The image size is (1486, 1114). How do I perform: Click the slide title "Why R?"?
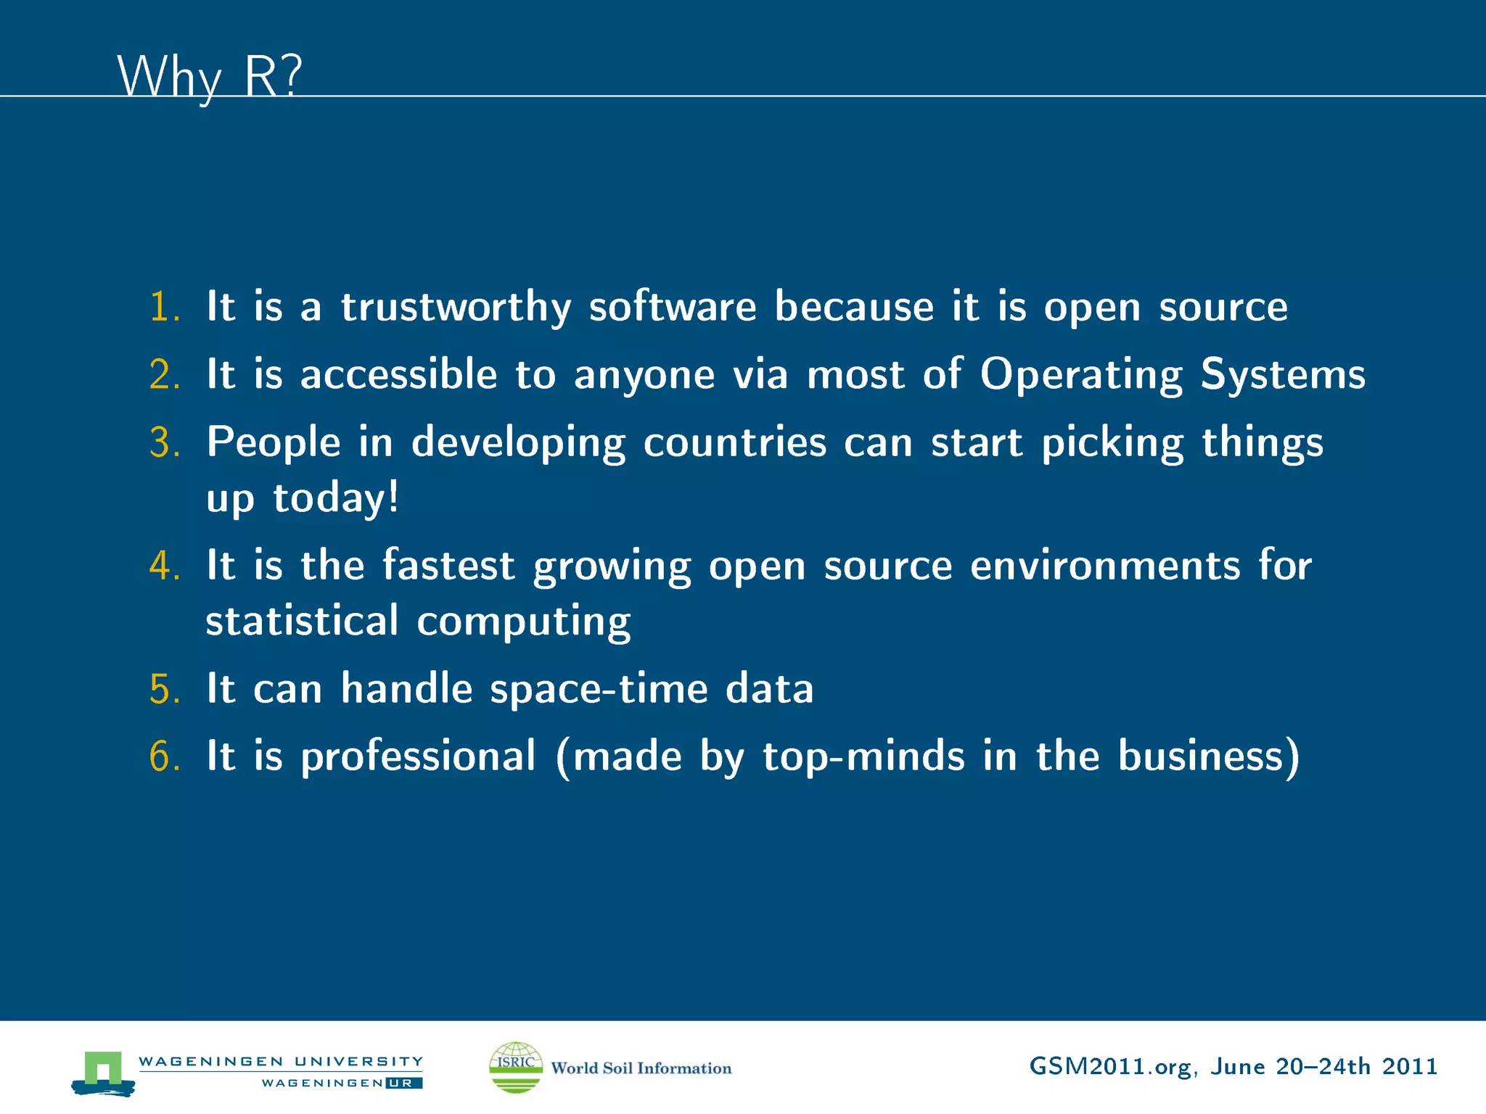point(209,76)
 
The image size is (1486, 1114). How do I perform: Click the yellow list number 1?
point(164,307)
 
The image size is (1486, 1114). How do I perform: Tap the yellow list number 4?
point(164,566)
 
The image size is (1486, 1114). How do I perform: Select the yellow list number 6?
point(164,756)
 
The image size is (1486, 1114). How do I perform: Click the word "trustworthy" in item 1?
point(456,307)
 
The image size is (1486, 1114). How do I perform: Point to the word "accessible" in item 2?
point(398,374)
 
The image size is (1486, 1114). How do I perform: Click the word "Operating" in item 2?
point(1081,374)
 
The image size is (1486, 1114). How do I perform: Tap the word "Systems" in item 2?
point(1282,374)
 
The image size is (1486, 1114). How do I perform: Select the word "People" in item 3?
point(274,442)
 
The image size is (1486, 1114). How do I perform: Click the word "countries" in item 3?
point(734,442)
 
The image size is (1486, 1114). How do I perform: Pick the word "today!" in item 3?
point(335,498)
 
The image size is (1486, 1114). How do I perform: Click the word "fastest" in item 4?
point(448,566)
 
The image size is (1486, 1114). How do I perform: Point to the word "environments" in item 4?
point(1104,566)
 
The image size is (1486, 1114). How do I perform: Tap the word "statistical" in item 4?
point(302,622)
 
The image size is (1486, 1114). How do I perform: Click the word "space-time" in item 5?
point(599,688)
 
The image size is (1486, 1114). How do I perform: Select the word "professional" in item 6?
point(419,756)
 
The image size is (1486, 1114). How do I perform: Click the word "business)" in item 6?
point(1208,756)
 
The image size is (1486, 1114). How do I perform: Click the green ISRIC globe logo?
point(516,1067)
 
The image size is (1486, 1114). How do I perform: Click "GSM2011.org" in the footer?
point(1110,1067)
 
